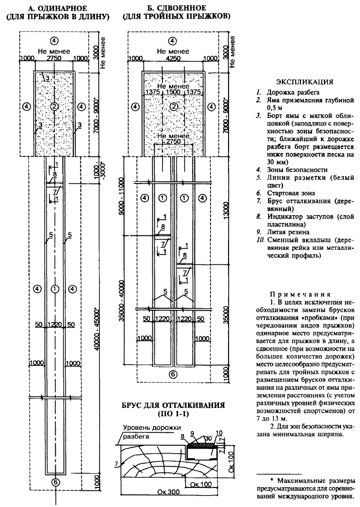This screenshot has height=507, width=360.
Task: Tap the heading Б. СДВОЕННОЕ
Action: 177,8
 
